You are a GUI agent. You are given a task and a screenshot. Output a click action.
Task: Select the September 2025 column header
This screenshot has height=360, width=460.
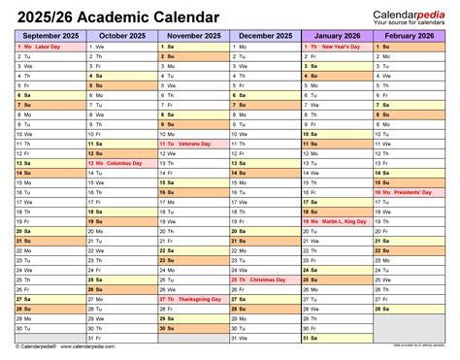pos(49,35)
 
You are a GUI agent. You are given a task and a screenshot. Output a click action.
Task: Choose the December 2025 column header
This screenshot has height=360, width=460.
pos(264,35)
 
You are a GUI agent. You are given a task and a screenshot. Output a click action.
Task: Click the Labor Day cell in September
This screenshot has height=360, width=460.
pos(49,47)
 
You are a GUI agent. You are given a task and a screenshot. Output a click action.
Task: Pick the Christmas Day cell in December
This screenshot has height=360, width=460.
pos(264,280)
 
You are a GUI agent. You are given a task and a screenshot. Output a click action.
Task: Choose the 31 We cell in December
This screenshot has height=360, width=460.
pos(264,339)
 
